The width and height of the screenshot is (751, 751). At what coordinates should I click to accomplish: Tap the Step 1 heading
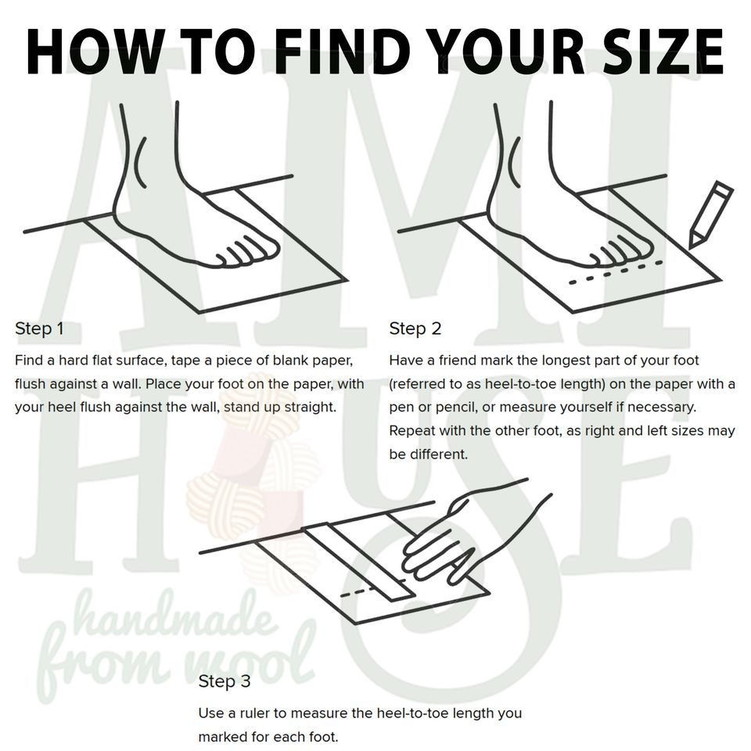coord(39,329)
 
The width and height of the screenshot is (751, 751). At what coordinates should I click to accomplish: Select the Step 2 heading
coord(415,329)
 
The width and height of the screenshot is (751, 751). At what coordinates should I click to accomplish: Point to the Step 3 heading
coord(225,681)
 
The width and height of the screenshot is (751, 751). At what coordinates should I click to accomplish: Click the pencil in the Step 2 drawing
coord(711,214)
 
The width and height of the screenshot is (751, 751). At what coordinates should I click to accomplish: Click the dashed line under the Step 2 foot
coord(616,272)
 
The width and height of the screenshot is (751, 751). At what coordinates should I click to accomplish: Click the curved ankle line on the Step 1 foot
coord(140,162)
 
